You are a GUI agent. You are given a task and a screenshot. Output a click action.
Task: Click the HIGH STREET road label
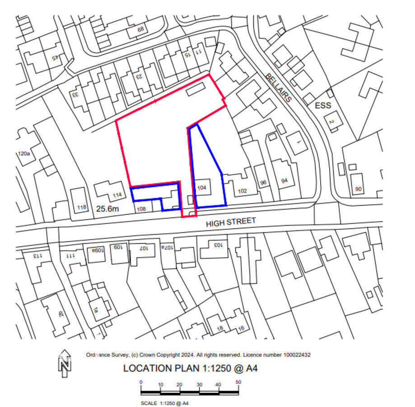tap(230, 222)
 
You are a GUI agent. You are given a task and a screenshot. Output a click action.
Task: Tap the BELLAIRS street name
tap(279, 87)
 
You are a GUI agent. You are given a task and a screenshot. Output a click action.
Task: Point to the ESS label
tap(323, 106)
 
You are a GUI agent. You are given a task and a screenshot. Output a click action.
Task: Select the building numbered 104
tap(202, 187)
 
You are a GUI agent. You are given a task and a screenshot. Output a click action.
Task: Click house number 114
tap(117, 195)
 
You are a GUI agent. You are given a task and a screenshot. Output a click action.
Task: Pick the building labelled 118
tap(82, 208)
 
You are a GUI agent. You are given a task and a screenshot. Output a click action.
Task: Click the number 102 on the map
tap(242, 191)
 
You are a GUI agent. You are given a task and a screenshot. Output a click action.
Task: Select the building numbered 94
tap(284, 181)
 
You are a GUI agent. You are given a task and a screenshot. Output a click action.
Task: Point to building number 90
tap(358, 189)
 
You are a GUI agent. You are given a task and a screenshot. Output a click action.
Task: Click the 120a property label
tap(23, 154)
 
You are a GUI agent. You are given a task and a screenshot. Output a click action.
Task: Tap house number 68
tap(140, 30)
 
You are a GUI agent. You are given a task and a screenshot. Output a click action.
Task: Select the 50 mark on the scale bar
tap(238, 382)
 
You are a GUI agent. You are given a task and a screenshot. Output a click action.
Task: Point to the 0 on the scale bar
tap(141, 382)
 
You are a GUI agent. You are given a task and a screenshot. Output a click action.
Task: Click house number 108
tap(141, 209)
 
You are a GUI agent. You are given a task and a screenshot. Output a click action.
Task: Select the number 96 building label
tap(264, 183)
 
